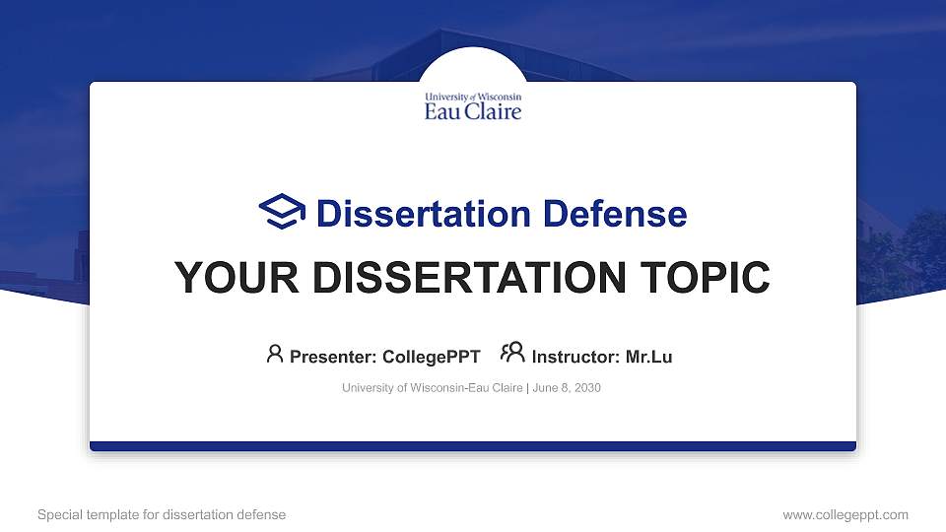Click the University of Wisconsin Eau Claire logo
(473, 105)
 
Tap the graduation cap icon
(283, 212)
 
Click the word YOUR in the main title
(228, 278)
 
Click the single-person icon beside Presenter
(275, 354)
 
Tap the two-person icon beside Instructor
(512, 354)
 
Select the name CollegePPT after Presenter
(431, 357)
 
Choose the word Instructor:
(575, 357)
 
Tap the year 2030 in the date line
(587, 388)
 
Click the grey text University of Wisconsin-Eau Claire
(433, 388)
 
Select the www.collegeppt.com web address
(845, 514)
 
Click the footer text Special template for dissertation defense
(162, 514)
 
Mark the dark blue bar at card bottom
(473, 446)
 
